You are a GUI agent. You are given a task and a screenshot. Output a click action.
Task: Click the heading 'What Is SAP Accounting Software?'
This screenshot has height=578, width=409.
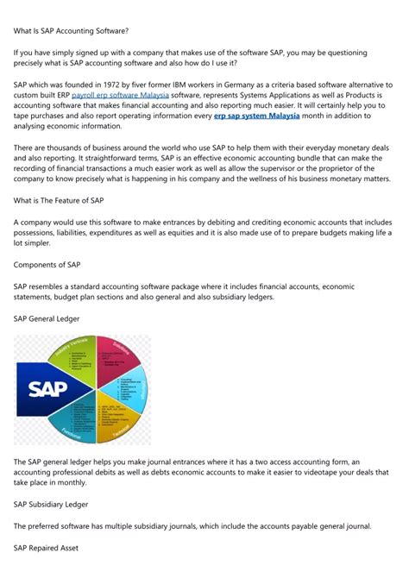[x=71, y=31]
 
